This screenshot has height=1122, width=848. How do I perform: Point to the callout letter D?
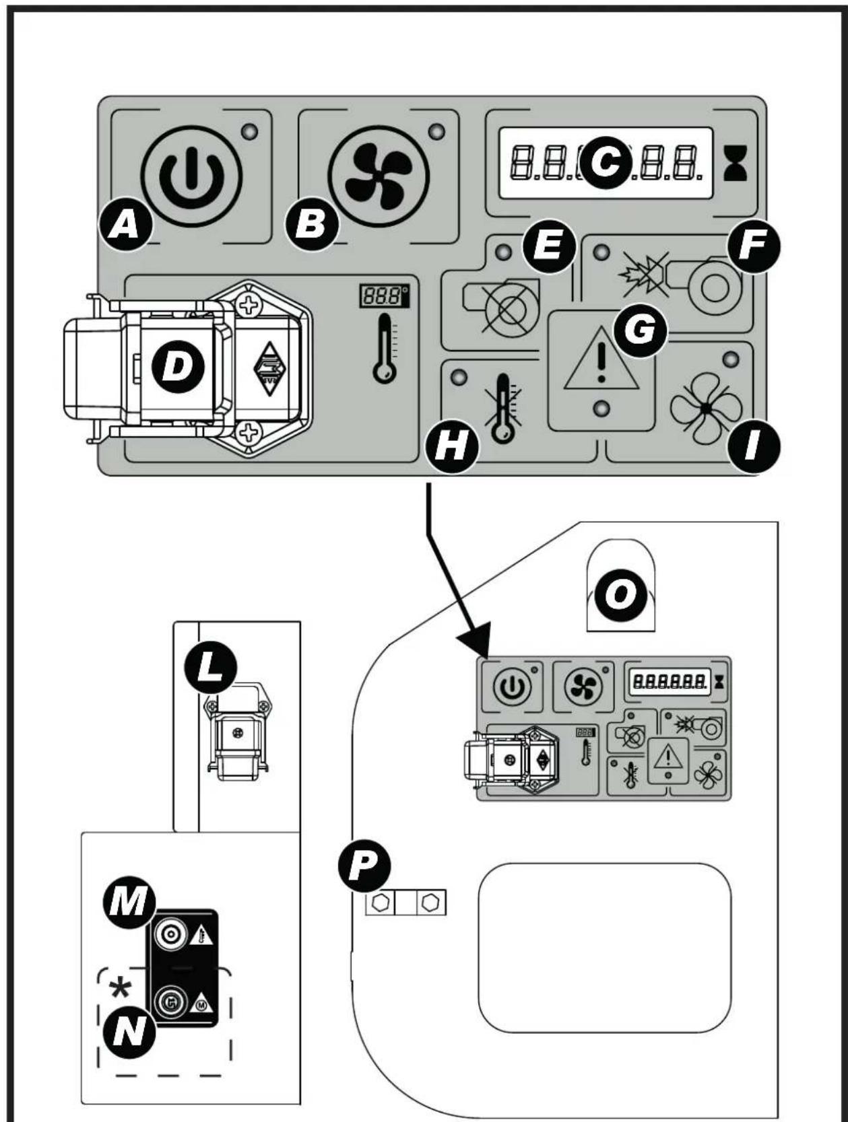coord(177,366)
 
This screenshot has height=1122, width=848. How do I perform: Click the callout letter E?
coord(550,246)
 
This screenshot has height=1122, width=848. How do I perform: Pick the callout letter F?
coord(754,246)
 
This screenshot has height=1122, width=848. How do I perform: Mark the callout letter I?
coord(754,448)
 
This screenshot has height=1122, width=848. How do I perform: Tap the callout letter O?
coord(620,595)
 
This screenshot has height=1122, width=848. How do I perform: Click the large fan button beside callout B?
coord(379,175)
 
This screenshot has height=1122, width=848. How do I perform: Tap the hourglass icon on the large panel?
coord(735,163)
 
